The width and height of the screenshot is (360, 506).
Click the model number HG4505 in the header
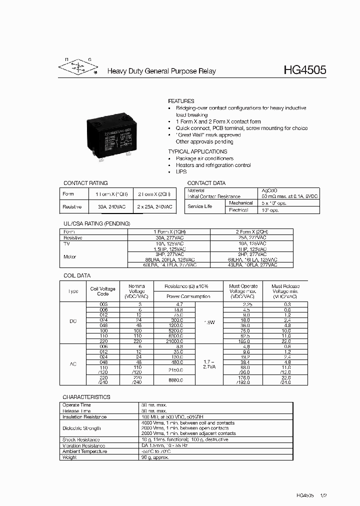pos(304,70)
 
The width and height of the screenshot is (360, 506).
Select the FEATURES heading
pos(181,101)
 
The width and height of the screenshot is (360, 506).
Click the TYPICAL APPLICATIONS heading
pos(197,151)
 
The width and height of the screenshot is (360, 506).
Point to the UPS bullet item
pos(181,171)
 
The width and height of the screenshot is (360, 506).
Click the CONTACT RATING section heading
pos(85,183)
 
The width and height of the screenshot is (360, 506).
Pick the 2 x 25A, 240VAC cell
pos(154,206)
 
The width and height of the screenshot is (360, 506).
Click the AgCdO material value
pos(270,190)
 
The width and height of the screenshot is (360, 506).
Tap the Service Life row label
pos(200,206)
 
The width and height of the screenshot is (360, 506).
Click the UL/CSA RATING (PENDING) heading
pos(96,223)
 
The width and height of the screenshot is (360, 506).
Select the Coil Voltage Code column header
pos(102,291)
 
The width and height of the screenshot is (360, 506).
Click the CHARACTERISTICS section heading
pos(86,397)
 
